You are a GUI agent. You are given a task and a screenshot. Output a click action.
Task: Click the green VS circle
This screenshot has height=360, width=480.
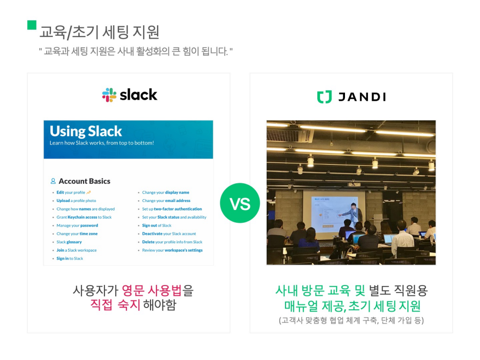click(x=240, y=203)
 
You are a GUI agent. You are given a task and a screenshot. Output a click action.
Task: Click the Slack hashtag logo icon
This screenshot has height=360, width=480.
click(x=109, y=95)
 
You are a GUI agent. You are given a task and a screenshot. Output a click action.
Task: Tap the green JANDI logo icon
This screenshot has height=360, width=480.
click(x=324, y=97)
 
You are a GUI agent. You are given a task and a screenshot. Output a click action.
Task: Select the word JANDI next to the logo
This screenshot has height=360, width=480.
click(x=362, y=97)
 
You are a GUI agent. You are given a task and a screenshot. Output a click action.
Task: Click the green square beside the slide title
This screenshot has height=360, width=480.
click(x=32, y=25)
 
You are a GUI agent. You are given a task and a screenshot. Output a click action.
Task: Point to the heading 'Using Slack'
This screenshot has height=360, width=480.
click(x=86, y=131)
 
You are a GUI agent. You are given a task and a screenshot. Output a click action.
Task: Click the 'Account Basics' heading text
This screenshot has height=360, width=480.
click(x=84, y=181)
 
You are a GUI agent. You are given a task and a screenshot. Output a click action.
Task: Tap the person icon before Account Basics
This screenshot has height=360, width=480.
click(x=53, y=181)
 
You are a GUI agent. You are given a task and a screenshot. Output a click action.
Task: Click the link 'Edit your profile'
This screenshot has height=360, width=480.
click(x=71, y=193)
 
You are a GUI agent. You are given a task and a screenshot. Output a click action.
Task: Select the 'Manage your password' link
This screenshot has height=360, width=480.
click(x=77, y=225)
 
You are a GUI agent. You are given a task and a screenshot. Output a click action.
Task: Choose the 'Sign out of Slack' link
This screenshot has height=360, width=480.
click(x=157, y=225)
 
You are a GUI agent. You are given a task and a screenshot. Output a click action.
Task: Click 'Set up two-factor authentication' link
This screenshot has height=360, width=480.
click(x=172, y=209)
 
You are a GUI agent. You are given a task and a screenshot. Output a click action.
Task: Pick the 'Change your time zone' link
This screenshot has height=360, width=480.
click(x=77, y=233)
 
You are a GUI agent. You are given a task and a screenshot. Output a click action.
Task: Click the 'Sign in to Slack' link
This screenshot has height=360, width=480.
click(x=70, y=258)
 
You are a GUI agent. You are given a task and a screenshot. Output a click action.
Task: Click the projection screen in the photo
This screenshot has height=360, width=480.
click(x=328, y=209)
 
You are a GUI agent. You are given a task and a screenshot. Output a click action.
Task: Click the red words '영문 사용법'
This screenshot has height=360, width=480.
click(x=151, y=291)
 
